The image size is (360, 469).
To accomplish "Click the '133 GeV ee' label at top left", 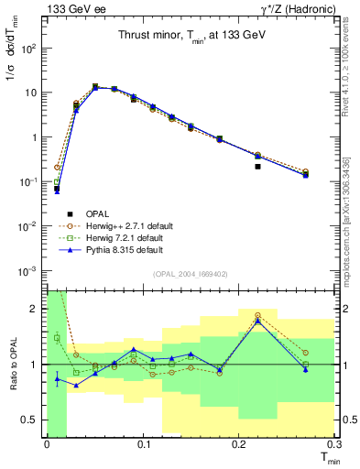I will click(x=70, y=8).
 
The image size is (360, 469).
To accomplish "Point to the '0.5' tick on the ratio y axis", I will click(x=32, y=420).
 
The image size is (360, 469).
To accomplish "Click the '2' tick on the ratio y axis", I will click(x=37, y=309).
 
